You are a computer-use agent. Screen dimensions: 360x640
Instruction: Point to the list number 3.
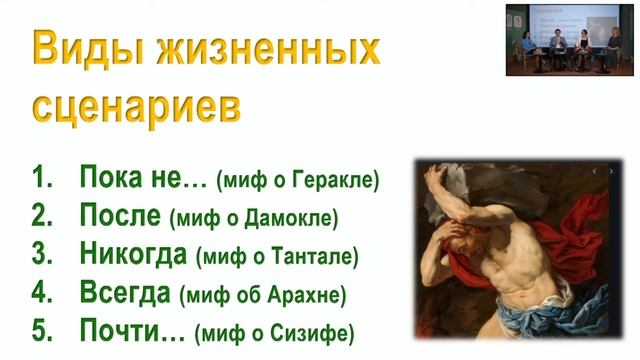click(x=41, y=254)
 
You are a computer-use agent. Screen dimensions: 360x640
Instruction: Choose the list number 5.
click(x=41, y=330)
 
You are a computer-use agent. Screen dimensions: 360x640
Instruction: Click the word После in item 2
click(x=119, y=216)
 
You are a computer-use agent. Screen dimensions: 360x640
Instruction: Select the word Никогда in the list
click(x=132, y=254)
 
